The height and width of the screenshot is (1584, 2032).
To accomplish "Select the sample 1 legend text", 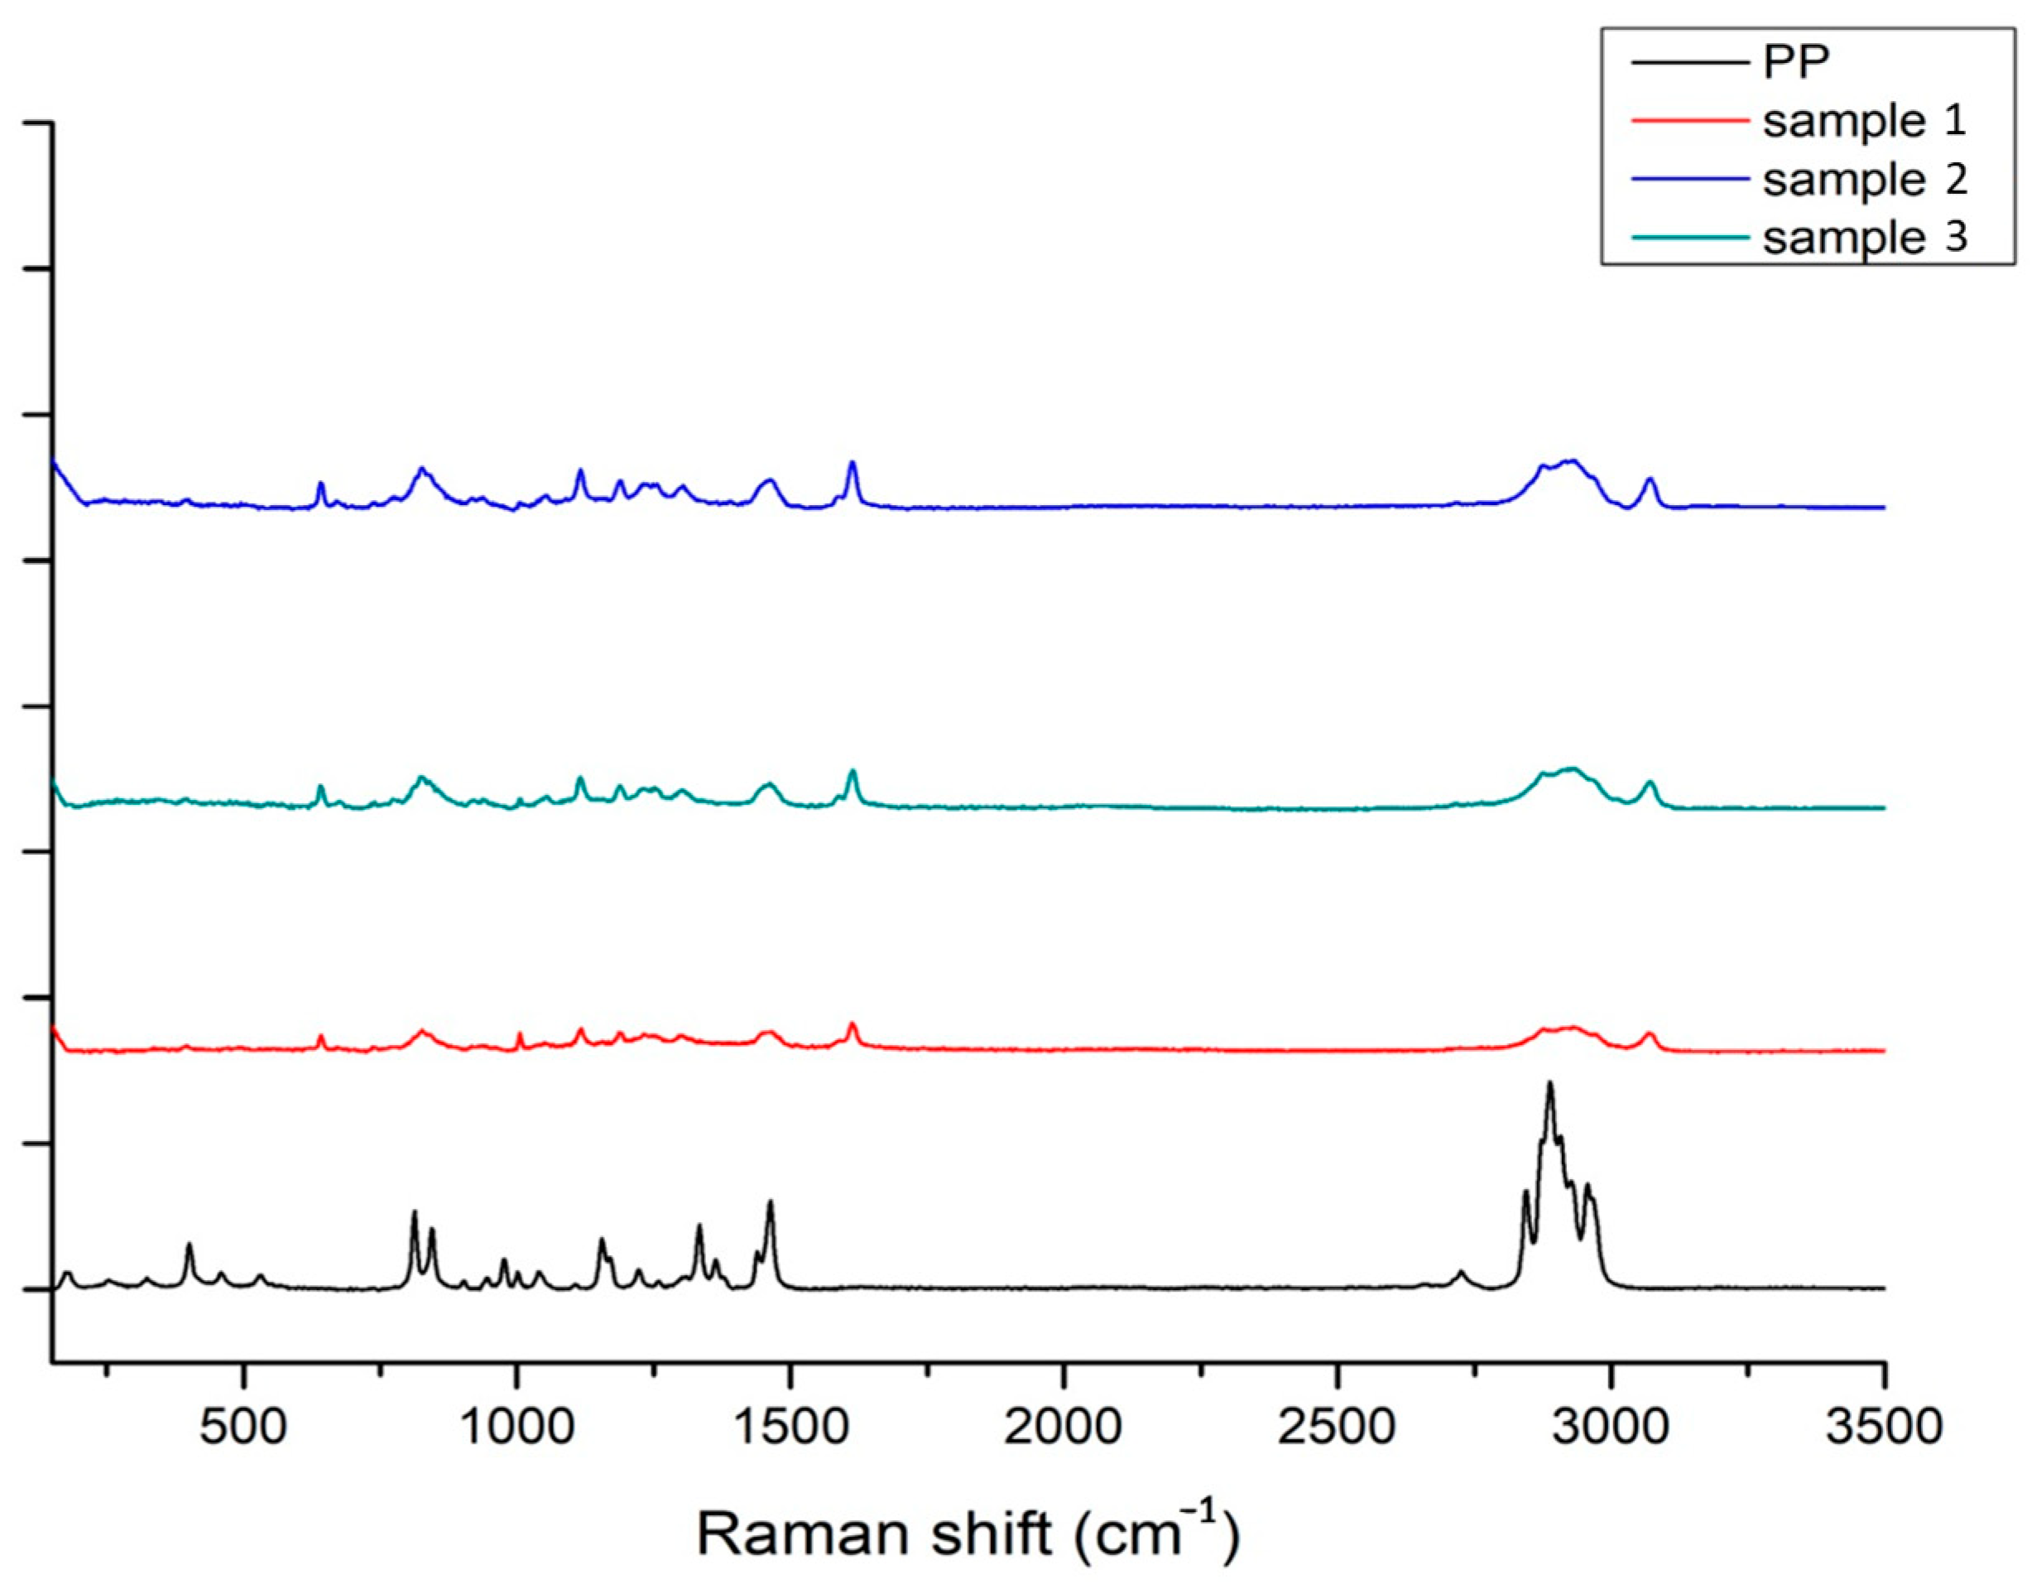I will click(x=1865, y=121).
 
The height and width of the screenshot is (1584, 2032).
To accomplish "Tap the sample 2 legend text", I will click(x=1865, y=179).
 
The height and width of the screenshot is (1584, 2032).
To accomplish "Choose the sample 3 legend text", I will click(x=1865, y=238).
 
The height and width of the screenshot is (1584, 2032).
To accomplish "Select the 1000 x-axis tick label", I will click(x=516, y=1427).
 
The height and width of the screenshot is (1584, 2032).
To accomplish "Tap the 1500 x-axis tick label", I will click(x=790, y=1427).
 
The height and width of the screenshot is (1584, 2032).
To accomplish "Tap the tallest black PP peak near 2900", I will click(x=1550, y=1084).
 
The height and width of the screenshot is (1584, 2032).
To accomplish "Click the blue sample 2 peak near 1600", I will click(x=852, y=464).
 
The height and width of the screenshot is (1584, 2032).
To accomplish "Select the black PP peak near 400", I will click(x=190, y=1245).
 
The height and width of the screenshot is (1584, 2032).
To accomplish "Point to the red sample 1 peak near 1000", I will click(x=519, y=1034).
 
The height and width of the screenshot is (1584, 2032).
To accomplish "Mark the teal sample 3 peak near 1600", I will click(x=853, y=772).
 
